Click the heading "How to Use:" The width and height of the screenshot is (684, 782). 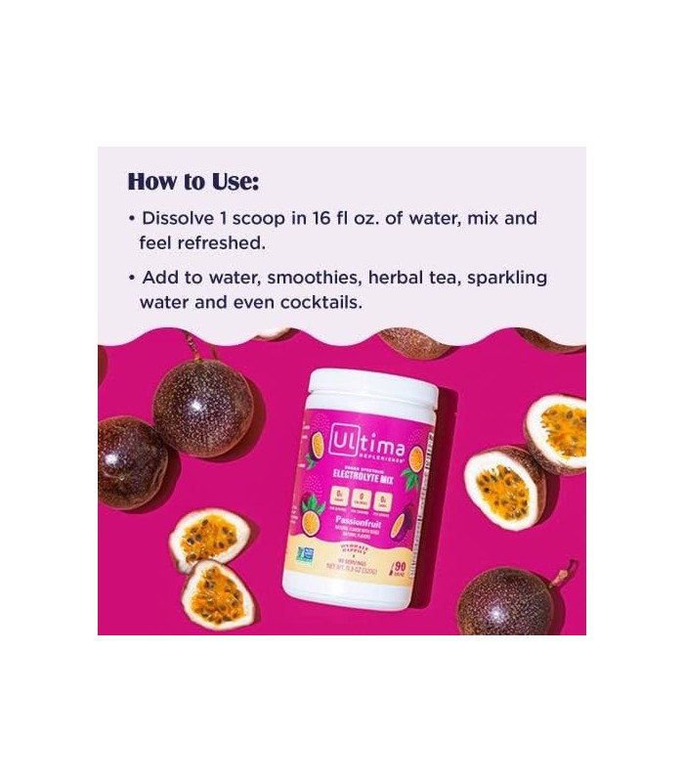click(193, 182)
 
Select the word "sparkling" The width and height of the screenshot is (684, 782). click(508, 278)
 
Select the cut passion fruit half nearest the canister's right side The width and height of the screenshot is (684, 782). click(503, 486)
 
